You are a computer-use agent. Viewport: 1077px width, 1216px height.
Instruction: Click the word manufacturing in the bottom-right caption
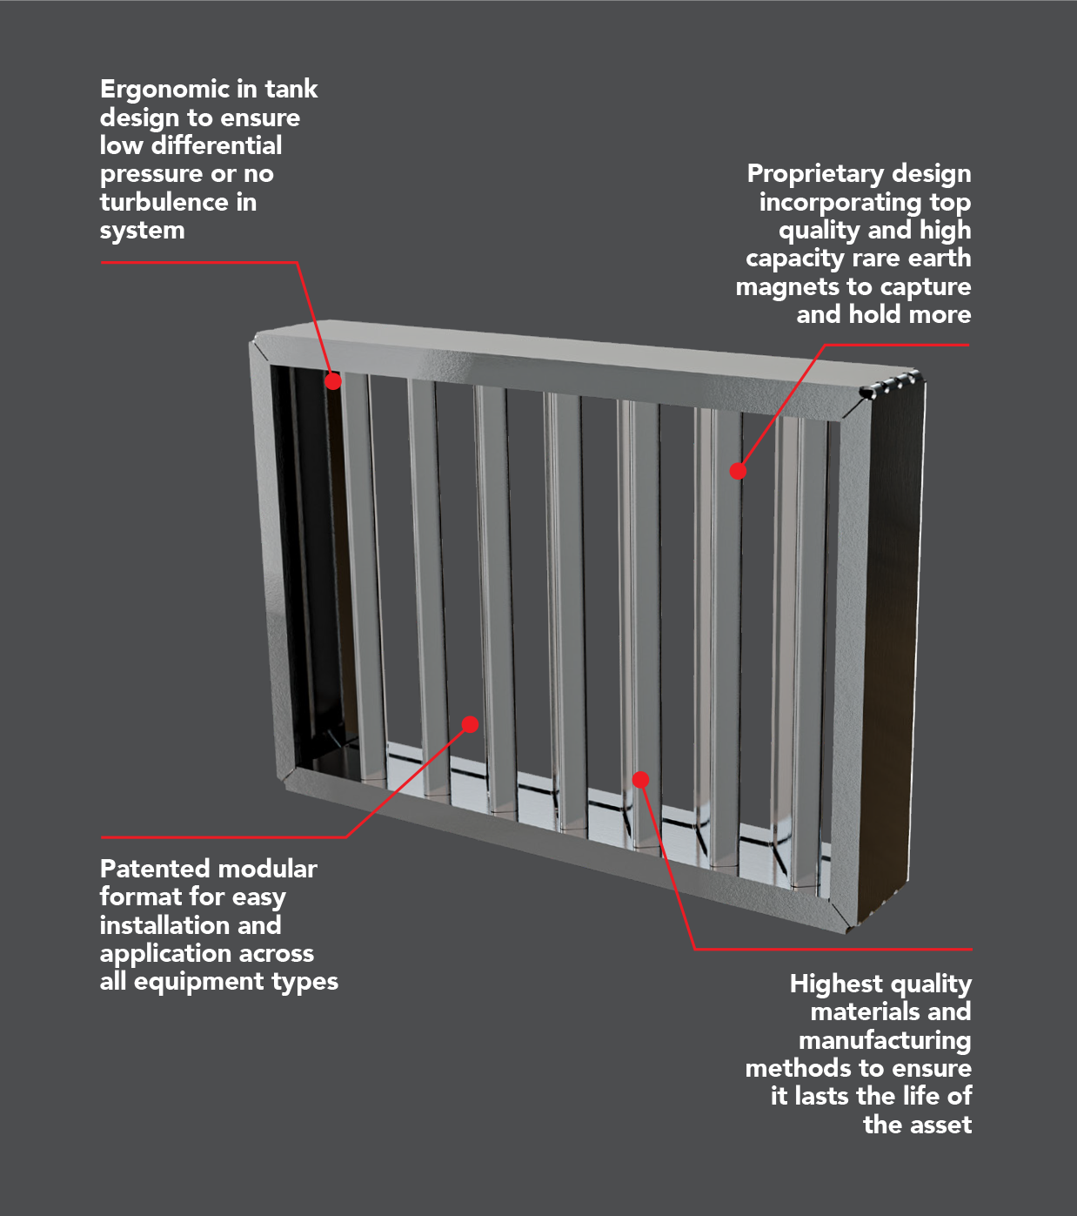pos(885,1040)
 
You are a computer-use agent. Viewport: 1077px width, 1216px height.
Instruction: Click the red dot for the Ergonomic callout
pos(333,381)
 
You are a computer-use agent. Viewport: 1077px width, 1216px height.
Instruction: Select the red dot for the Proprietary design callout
pos(738,471)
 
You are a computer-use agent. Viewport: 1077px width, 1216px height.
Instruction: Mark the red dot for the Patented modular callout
pos(470,724)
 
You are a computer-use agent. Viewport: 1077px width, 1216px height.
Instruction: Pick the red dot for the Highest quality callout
pos(640,780)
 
